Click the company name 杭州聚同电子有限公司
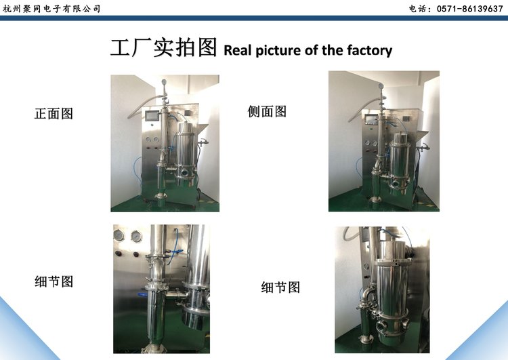click(51, 9)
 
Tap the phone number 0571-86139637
click(469, 9)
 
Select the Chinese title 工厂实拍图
click(164, 47)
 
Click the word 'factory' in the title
click(370, 51)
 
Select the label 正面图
click(54, 114)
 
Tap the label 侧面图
click(267, 112)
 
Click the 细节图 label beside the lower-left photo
click(54, 281)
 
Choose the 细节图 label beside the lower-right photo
click(280, 287)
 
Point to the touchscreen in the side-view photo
click(370, 119)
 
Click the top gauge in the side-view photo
click(381, 85)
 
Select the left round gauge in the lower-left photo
click(119, 236)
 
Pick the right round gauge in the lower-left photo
click(136, 236)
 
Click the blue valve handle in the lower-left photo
click(142, 295)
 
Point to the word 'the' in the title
click(332, 50)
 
